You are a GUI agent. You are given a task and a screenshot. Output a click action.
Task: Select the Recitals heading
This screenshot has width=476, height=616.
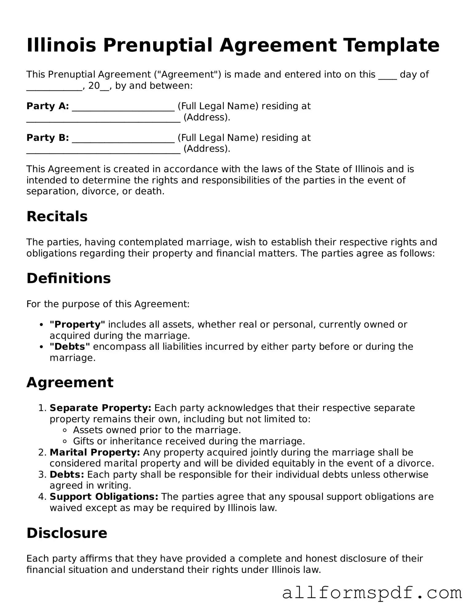[x=57, y=217]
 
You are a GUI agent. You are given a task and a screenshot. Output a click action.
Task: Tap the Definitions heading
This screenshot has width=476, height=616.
[x=69, y=278]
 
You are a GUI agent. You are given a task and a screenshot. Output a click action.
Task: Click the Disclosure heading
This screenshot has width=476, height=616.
[x=67, y=533]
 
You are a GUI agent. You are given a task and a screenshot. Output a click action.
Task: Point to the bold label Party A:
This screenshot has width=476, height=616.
[x=48, y=106]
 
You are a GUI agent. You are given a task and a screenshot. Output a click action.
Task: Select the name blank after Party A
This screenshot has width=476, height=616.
[x=123, y=108]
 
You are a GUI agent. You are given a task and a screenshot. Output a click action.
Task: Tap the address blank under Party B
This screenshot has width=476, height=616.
[x=103, y=150]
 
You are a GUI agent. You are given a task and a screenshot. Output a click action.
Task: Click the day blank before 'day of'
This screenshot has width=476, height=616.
[x=387, y=76]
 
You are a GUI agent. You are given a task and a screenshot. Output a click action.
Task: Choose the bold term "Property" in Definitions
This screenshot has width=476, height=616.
[x=77, y=324]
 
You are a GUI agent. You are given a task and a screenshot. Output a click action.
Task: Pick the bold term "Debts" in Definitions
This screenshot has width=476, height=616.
[x=70, y=347]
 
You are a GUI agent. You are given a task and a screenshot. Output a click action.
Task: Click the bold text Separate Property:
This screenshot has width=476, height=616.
[x=100, y=408]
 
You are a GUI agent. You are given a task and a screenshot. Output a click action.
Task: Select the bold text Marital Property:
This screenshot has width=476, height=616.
[x=95, y=452]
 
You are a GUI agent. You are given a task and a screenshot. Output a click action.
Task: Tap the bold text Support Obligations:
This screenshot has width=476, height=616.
[x=104, y=497]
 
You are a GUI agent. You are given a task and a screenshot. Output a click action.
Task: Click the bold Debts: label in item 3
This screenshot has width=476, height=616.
[x=67, y=475]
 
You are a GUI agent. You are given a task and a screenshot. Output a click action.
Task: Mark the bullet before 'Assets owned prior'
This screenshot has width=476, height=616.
[x=65, y=430]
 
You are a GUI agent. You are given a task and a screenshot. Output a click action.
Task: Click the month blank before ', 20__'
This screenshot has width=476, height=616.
[x=54, y=87]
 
